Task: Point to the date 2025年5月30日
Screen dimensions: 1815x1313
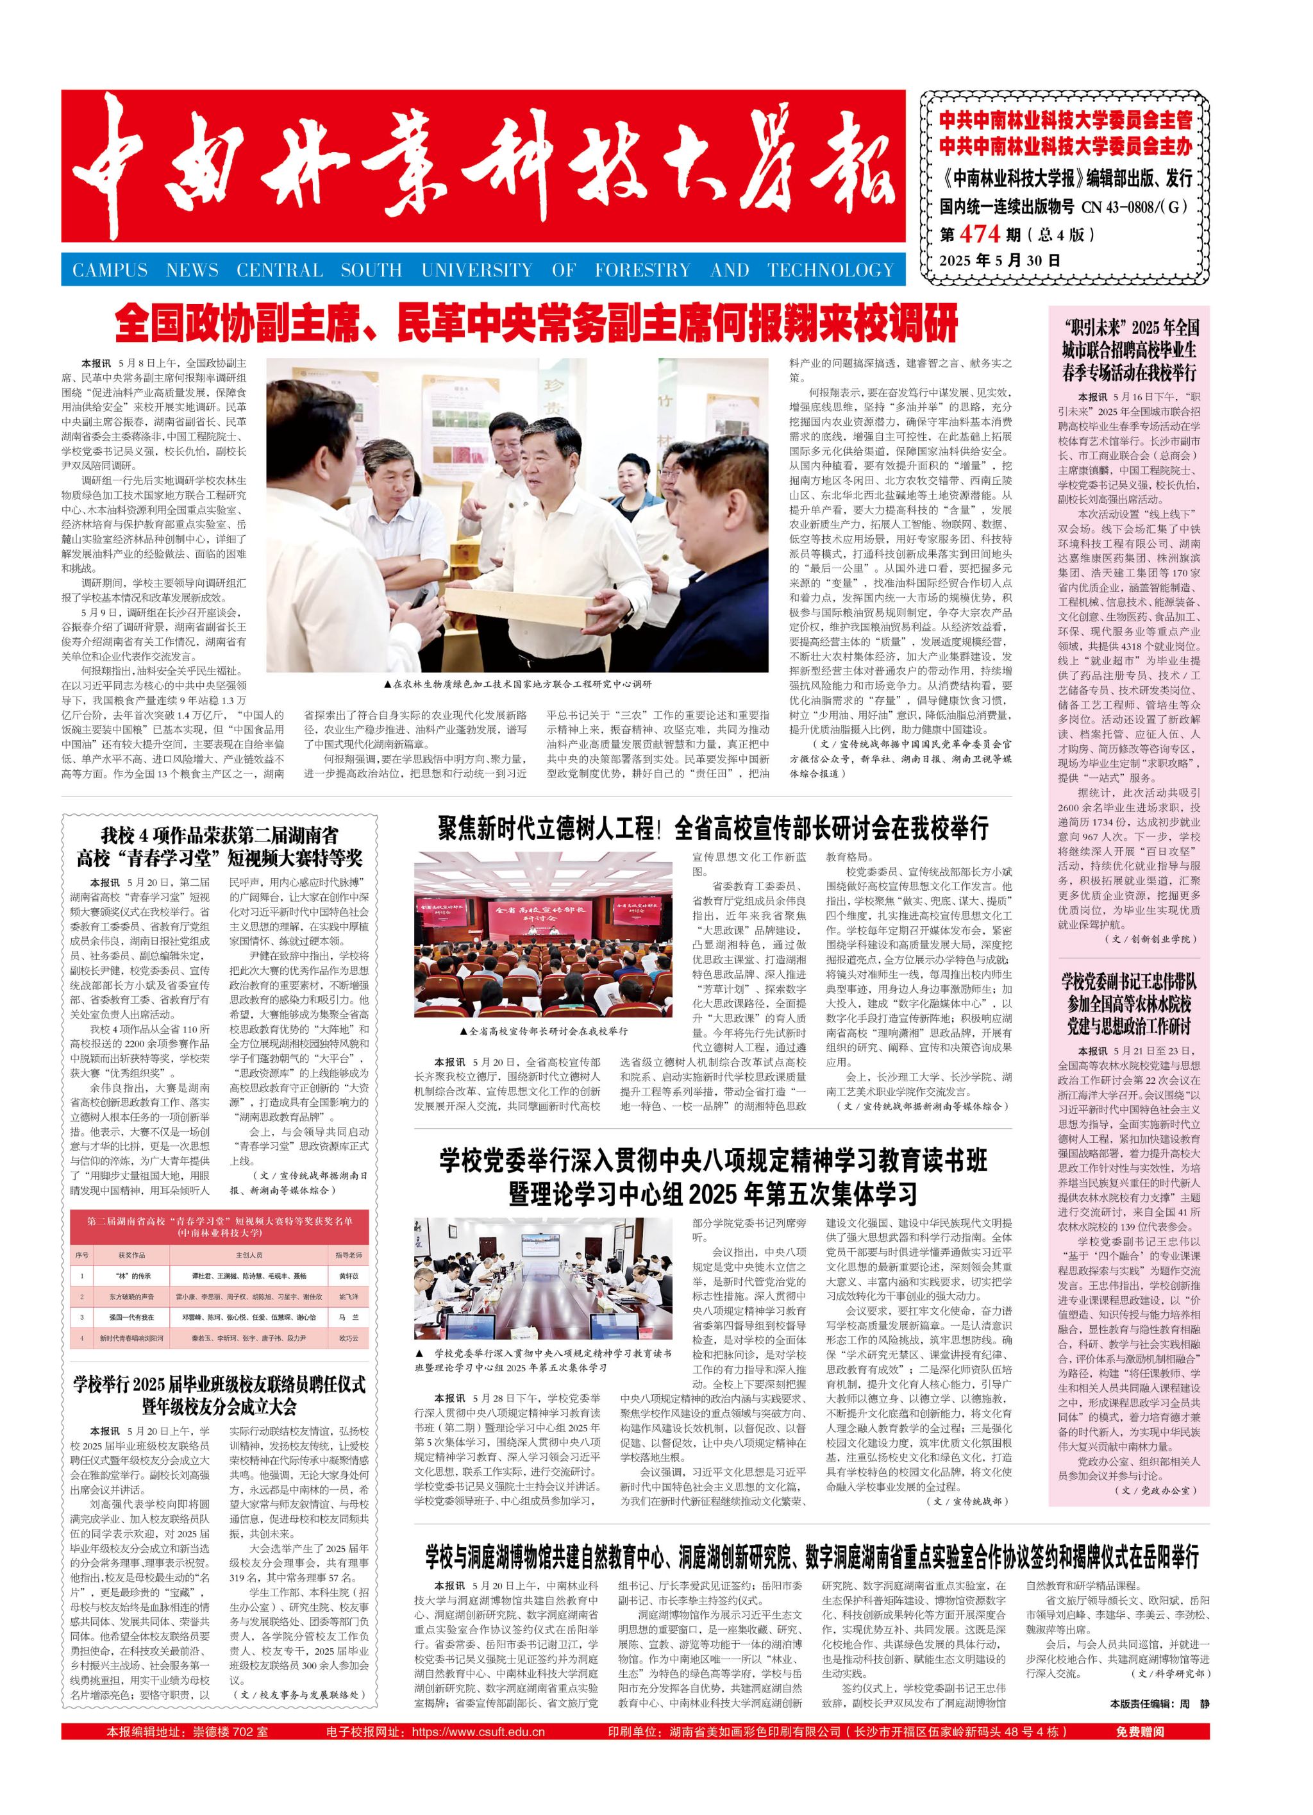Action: (x=999, y=260)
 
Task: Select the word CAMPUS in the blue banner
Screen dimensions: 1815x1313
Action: (x=110, y=270)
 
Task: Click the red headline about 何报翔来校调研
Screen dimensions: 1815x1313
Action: (x=536, y=324)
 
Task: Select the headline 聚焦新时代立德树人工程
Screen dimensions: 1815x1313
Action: (x=712, y=827)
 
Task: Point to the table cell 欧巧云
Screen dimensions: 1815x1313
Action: (x=348, y=1338)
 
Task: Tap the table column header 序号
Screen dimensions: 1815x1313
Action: (x=81, y=1255)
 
